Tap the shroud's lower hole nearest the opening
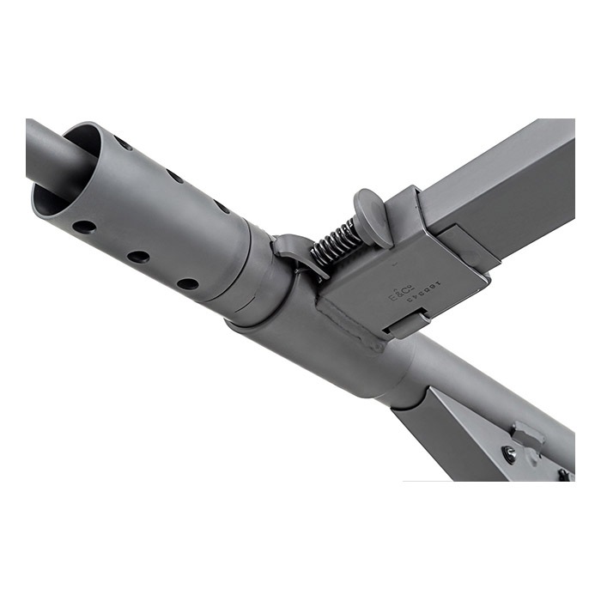click(x=84, y=228)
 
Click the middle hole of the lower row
click(x=137, y=257)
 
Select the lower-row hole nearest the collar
click(x=187, y=283)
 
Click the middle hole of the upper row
click(x=175, y=175)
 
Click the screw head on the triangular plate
click(x=509, y=454)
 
